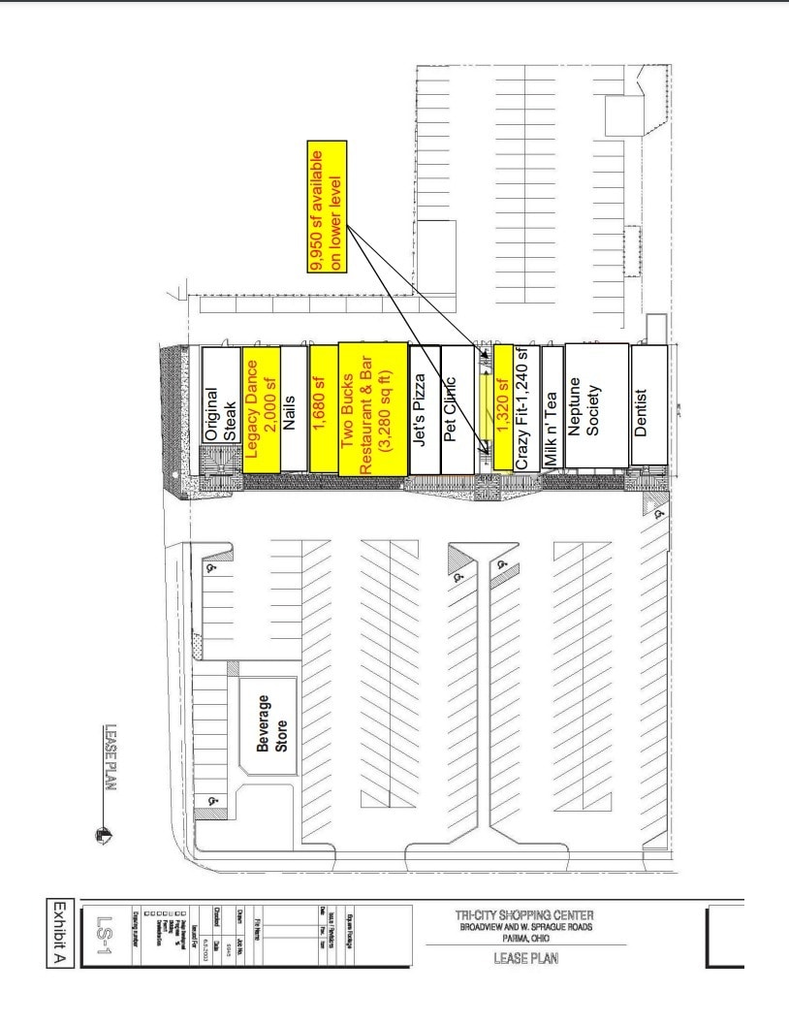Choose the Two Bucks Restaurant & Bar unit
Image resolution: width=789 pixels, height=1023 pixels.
coord(373,409)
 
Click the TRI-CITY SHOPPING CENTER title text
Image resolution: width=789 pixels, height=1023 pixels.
coord(524,915)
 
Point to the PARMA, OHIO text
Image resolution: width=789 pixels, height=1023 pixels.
coord(524,938)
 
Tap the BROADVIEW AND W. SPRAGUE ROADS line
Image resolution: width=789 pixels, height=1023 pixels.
coord(524,927)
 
